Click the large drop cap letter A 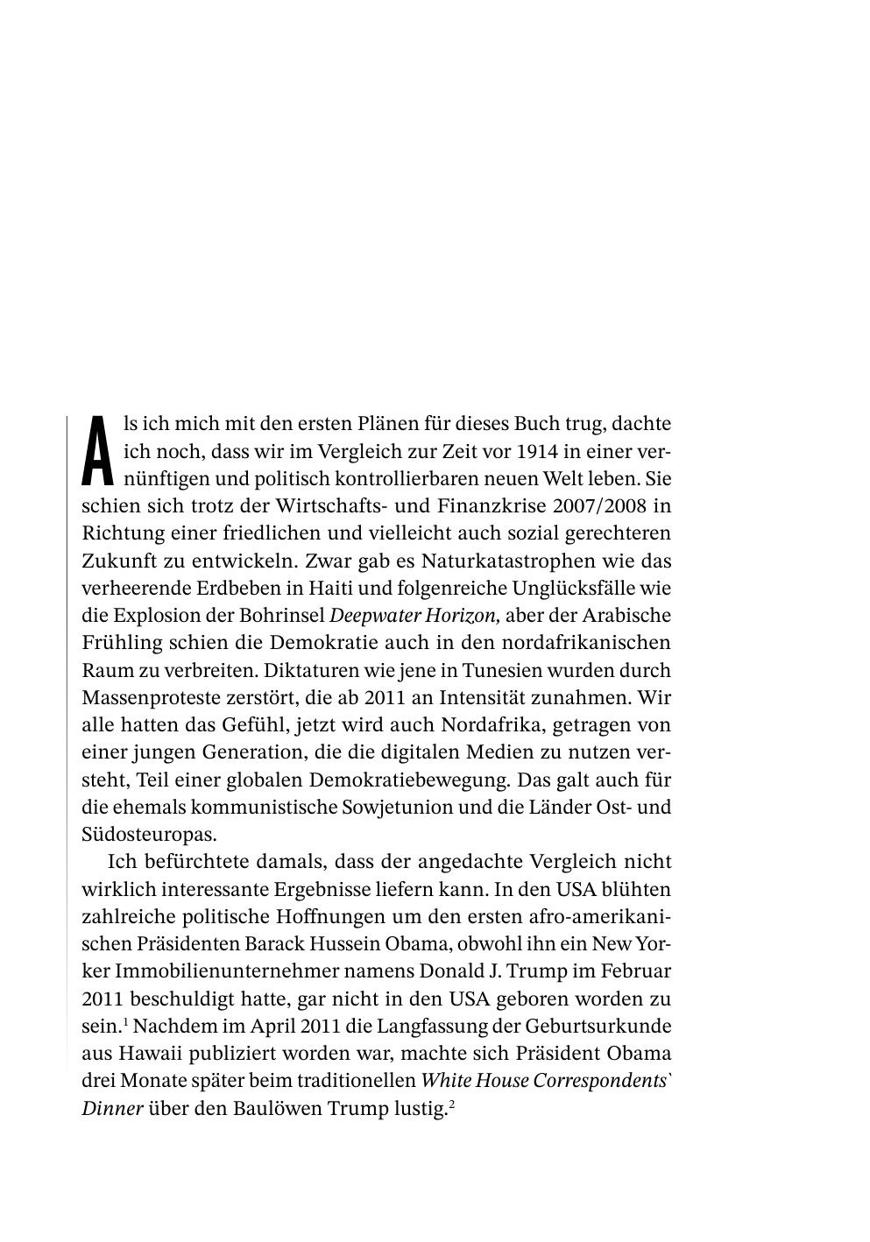coord(98,450)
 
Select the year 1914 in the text coord(536,452)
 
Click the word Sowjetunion coord(407,807)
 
